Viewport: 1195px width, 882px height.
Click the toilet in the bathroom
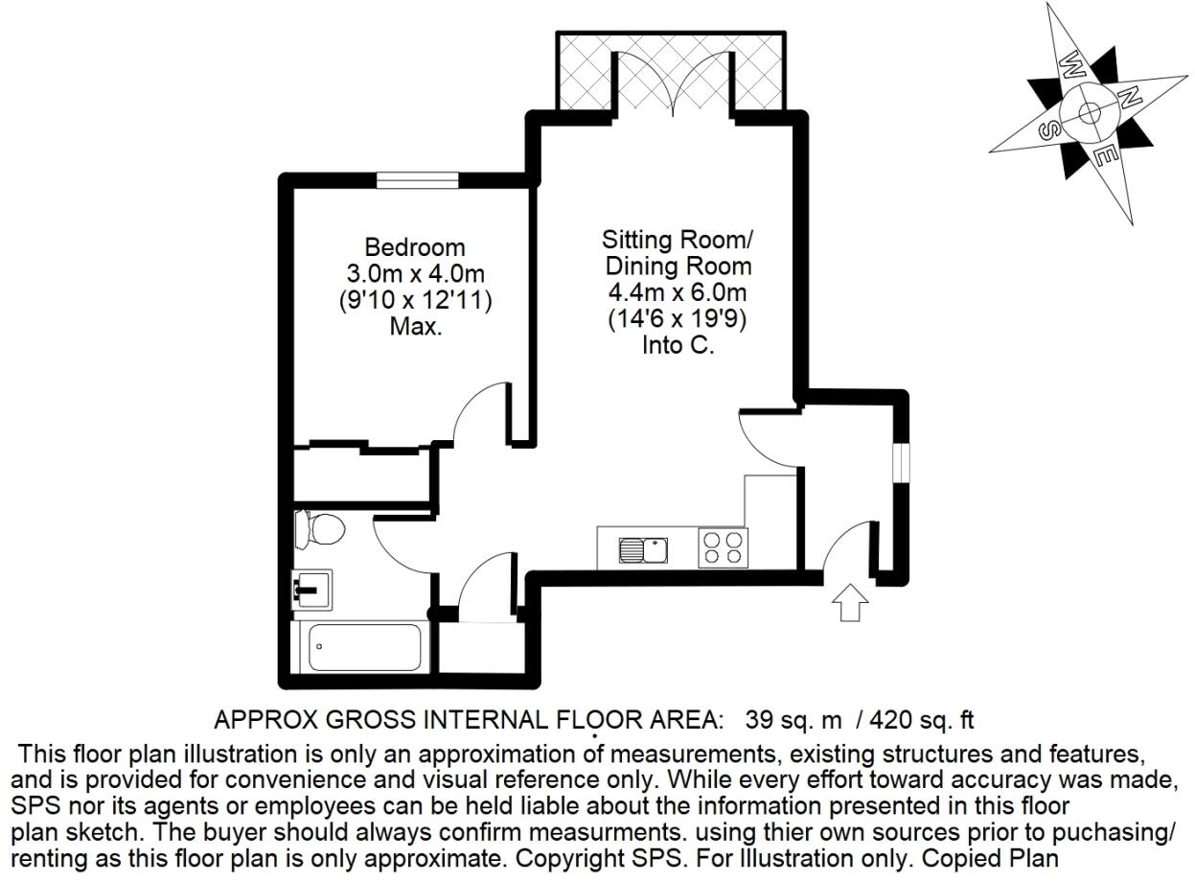point(320,529)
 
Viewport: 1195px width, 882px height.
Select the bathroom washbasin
point(312,590)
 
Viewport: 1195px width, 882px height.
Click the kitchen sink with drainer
point(643,550)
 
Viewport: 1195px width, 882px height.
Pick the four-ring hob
point(723,547)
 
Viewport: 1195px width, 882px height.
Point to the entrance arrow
point(850,602)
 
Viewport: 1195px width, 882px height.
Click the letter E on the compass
point(1108,156)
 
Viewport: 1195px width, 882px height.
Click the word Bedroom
point(415,247)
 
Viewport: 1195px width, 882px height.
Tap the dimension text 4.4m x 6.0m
point(678,292)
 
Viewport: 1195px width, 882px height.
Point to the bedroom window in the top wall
point(418,180)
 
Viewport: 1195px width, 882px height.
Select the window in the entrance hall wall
point(900,462)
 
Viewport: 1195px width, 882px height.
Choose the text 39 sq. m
point(793,720)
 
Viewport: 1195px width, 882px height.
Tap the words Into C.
point(678,345)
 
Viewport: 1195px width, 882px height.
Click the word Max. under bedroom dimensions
point(416,327)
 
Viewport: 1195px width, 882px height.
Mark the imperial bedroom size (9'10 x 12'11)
point(415,300)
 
